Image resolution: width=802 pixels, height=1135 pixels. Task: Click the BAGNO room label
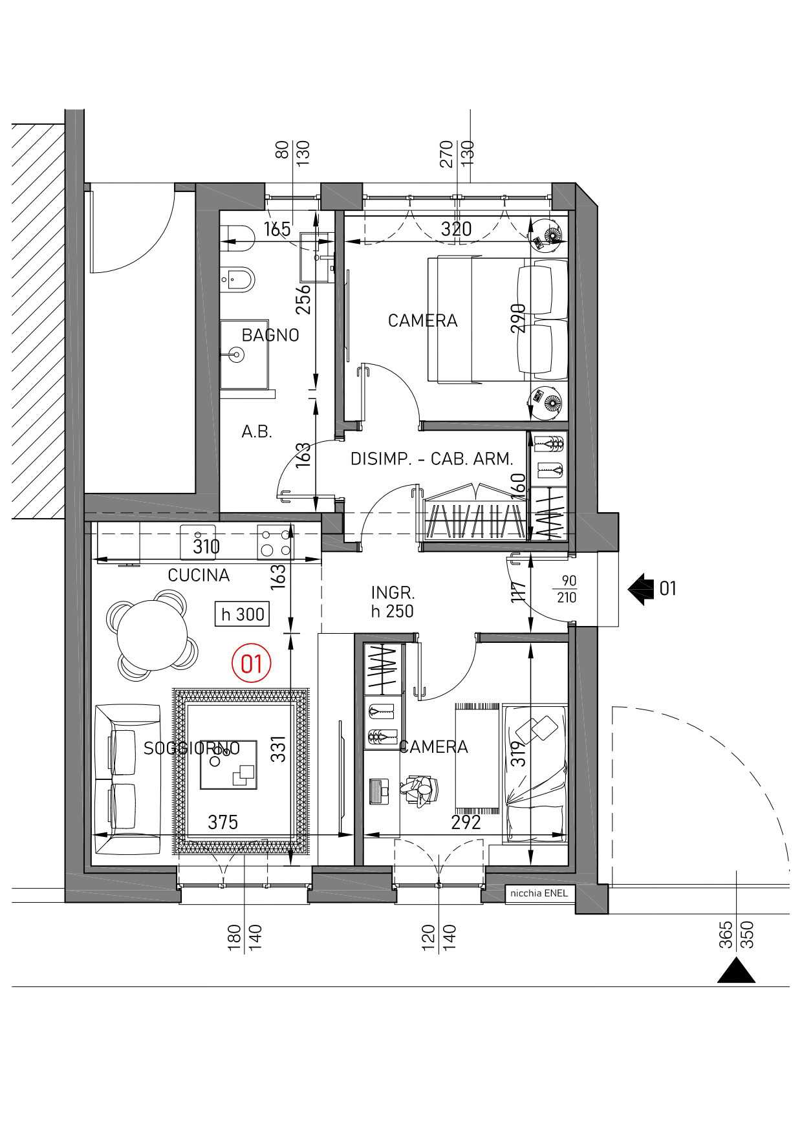[x=270, y=335]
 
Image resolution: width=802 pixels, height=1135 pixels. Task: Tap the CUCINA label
[x=199, y=575]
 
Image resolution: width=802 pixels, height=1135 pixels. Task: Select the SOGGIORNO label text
[x=191, y=748]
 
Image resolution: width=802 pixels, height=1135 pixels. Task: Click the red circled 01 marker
[x=251, y=664]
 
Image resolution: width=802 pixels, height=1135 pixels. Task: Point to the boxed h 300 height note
[x=243, y=614]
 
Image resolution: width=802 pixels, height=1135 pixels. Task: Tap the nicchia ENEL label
[x=539, y=893]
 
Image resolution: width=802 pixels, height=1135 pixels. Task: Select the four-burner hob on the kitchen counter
[x=275, y=542]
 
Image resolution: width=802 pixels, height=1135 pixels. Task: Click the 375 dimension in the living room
[x=222, y=822]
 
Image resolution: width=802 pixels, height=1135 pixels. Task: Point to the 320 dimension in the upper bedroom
[x=457, y=229]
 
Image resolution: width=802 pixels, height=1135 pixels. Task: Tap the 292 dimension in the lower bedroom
[x=466, y=822]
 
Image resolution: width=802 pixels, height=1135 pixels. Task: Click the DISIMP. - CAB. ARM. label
[x=431, y=459]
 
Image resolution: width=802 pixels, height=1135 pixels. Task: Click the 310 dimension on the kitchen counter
[x=206, y=547]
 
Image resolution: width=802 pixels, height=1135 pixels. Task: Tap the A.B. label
[x=257, y=432]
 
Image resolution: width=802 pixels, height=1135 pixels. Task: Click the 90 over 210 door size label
[x=567, y=589]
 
